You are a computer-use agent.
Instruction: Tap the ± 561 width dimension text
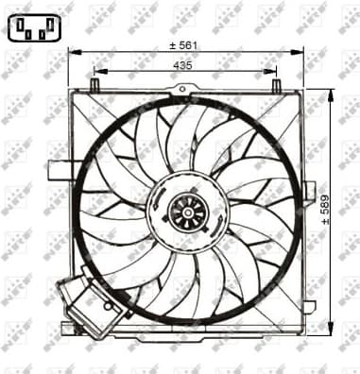pos(183,44)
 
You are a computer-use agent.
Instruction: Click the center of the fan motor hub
pos(188,212)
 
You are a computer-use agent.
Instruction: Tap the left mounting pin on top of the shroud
pos(94,85)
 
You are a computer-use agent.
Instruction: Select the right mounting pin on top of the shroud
pos(276,85)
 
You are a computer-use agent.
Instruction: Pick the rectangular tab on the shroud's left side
pos(60,170)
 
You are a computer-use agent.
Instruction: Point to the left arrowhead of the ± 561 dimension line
pos(72,52)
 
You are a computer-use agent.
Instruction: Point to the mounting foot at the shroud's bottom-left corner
pos(67,328)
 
